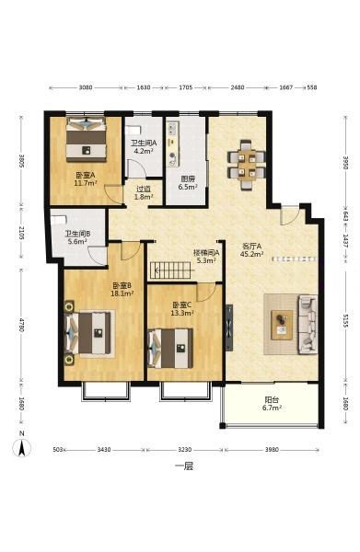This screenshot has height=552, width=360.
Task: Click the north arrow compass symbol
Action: click(22, 448)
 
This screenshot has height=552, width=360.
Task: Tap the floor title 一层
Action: click(184, 466)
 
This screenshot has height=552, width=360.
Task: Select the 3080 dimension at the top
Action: click(86, 87)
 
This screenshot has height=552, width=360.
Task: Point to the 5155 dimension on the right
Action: click(346, 321)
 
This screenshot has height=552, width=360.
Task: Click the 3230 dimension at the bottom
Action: click(184, 450)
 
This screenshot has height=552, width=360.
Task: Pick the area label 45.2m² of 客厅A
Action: click(251, 254)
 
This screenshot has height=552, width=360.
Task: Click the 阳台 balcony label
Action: click(272, 400)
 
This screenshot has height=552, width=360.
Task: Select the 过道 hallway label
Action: click(144, 189)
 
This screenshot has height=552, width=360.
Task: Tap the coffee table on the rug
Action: click(282, 325)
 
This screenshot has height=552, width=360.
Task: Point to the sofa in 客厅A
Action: click(308, 324)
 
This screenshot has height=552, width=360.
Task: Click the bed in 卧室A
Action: click(87, 139)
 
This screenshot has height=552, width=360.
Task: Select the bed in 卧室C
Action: click(170, 348)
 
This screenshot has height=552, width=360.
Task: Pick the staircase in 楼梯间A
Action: click(172, 270)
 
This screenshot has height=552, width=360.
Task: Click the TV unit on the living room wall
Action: click(229, 328)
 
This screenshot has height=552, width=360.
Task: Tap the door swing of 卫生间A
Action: click(135, 167)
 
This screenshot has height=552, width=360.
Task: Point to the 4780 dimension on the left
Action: click(22, 325)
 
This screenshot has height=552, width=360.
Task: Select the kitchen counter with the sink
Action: click(172, 144)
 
